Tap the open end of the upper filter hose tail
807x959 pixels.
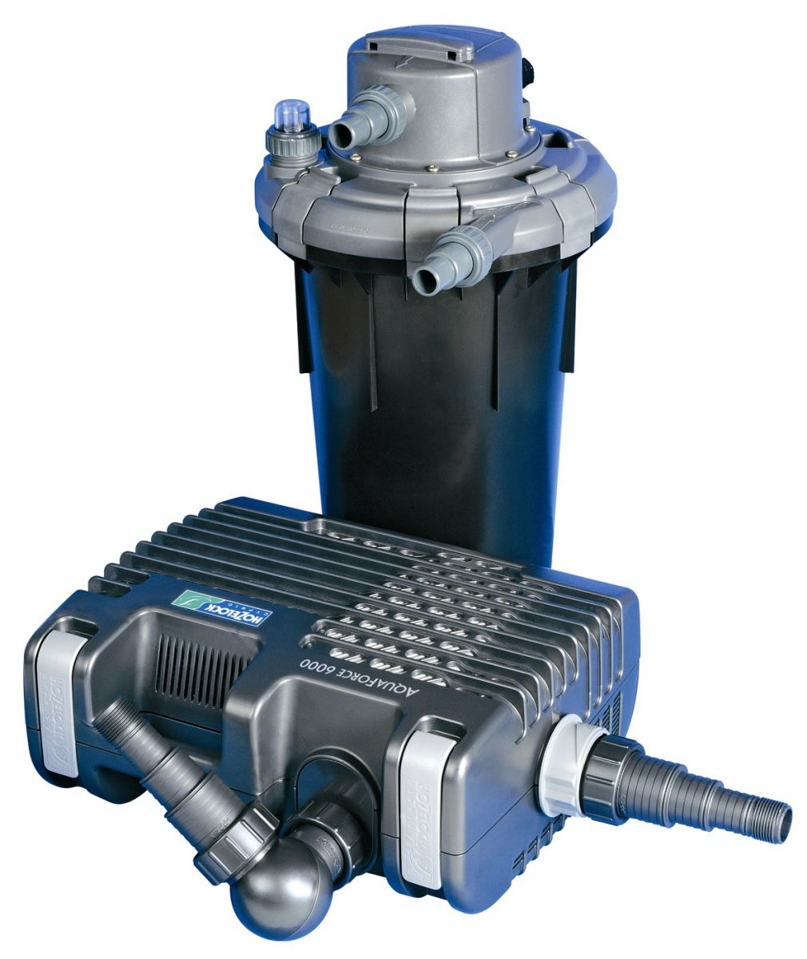point(342,136)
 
